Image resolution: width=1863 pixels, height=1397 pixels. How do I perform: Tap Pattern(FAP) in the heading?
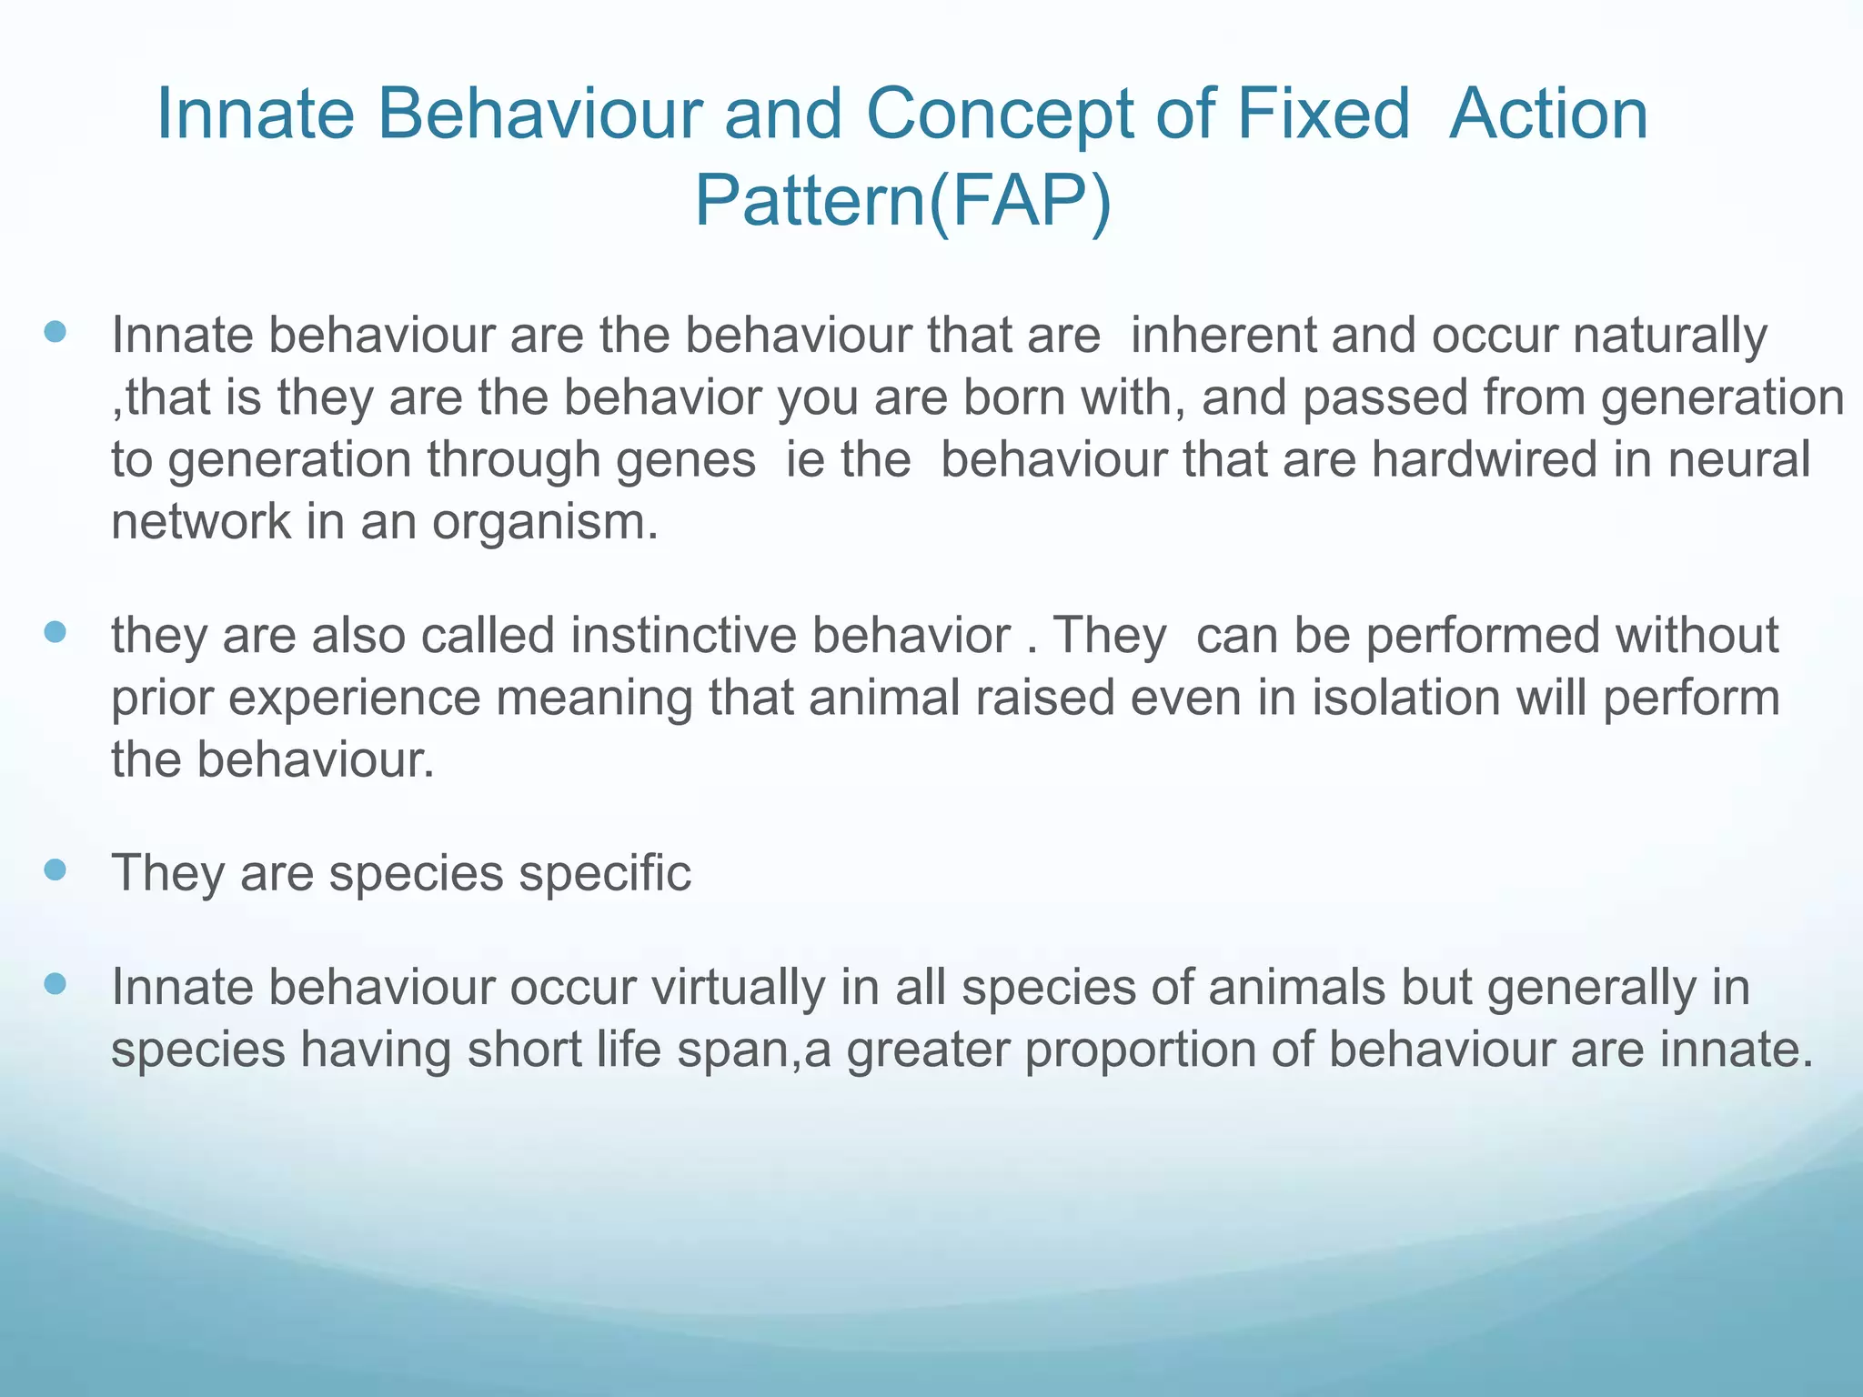pos(902,201)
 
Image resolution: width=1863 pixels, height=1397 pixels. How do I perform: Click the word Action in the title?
pos(1548,115)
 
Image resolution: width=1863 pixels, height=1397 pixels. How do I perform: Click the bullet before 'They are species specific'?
pos(55,869)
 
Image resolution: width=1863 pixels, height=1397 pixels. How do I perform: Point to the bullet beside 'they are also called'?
pos(55,631)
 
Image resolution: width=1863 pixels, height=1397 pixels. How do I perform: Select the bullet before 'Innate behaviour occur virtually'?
pos(55,983)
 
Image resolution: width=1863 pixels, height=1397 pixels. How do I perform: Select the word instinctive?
pos(683,635)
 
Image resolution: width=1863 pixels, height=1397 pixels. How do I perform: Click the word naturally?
pos(1669,337)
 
